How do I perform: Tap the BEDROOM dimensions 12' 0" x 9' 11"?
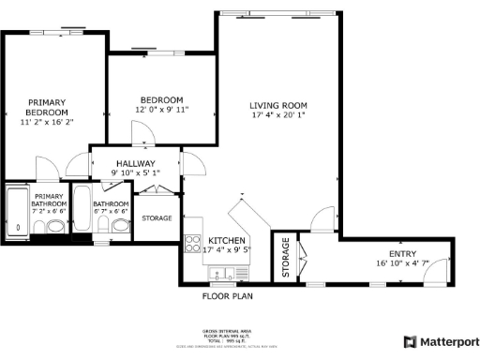click(x=161, y=110)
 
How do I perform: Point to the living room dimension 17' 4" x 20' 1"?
click(x=278, y=115)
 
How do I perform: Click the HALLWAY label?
click(x=132, y=163)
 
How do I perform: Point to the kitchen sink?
click(x=222, y=274)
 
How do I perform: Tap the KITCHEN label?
click(x=227, y=239)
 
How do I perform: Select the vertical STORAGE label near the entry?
click(x=285, y=258)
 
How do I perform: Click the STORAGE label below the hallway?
click(x=157, y=218)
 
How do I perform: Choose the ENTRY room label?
click(x=402, y=254)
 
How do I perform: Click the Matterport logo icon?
click(x=410, y=342)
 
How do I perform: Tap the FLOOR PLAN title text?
click(x=228, y=295)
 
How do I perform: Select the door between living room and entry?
click(x=323, y=219)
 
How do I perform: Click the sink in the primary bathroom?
click(x=55, y=226)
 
